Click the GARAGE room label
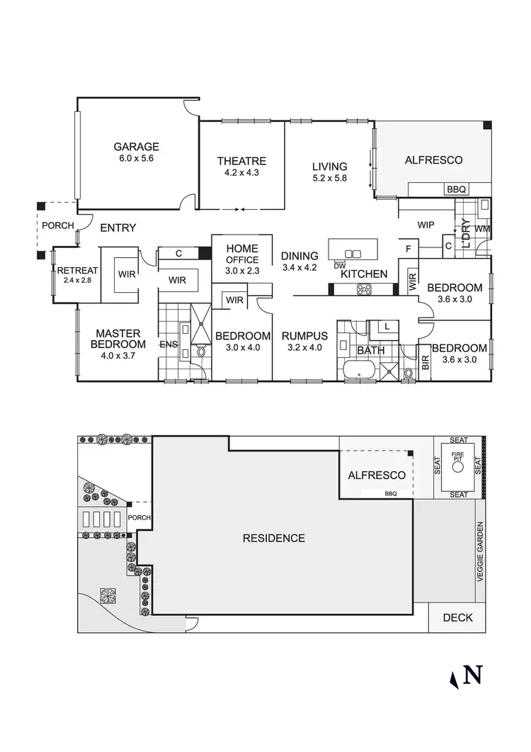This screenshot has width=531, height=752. [137, 147]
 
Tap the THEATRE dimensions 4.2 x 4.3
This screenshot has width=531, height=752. [241, 172]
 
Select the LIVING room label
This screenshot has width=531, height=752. [330, 167]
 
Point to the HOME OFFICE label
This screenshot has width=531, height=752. [241, 254]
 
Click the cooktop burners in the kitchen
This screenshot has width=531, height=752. [364, 288]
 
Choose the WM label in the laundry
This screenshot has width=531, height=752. [482, 230]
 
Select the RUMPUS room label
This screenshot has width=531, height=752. [304, 336]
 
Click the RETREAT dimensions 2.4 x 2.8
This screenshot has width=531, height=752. [74, 280]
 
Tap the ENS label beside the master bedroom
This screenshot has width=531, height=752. [169, 344]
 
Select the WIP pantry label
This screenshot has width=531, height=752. [426, 225]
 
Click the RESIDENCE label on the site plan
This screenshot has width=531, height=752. [274, 538]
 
